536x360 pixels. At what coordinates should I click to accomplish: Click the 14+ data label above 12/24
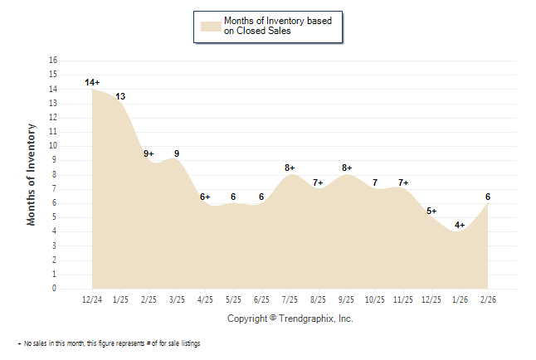tap(92, 82)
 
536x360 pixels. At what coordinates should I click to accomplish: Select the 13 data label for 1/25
tap(120, 96)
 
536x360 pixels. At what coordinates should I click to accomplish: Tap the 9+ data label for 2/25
tap(149, 153)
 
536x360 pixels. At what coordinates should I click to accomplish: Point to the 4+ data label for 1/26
tap(460, 225)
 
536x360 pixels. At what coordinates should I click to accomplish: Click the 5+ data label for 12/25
tap(431, 211)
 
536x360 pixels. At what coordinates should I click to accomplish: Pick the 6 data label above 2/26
tap(488, 197)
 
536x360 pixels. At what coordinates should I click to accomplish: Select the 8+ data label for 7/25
tap(290, 168)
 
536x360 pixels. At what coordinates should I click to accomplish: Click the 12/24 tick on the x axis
tap(92, 299)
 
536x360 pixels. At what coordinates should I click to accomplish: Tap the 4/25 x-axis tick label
tap(205, 299)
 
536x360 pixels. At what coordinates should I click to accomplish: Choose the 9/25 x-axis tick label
tap(347, 299)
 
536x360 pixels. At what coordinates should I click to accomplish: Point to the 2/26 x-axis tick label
tap(488, 299)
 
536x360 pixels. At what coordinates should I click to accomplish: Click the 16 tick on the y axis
tap(53, 61)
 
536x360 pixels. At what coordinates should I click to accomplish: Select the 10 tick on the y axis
tap(53, 146)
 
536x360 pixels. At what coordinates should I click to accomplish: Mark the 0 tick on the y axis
tap(55, 289)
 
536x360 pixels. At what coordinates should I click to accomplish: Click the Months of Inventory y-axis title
tap(32, 174)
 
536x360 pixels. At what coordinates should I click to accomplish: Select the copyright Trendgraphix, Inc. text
tap(290, 318)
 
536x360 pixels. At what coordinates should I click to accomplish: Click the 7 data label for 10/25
tap(375, 182)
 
